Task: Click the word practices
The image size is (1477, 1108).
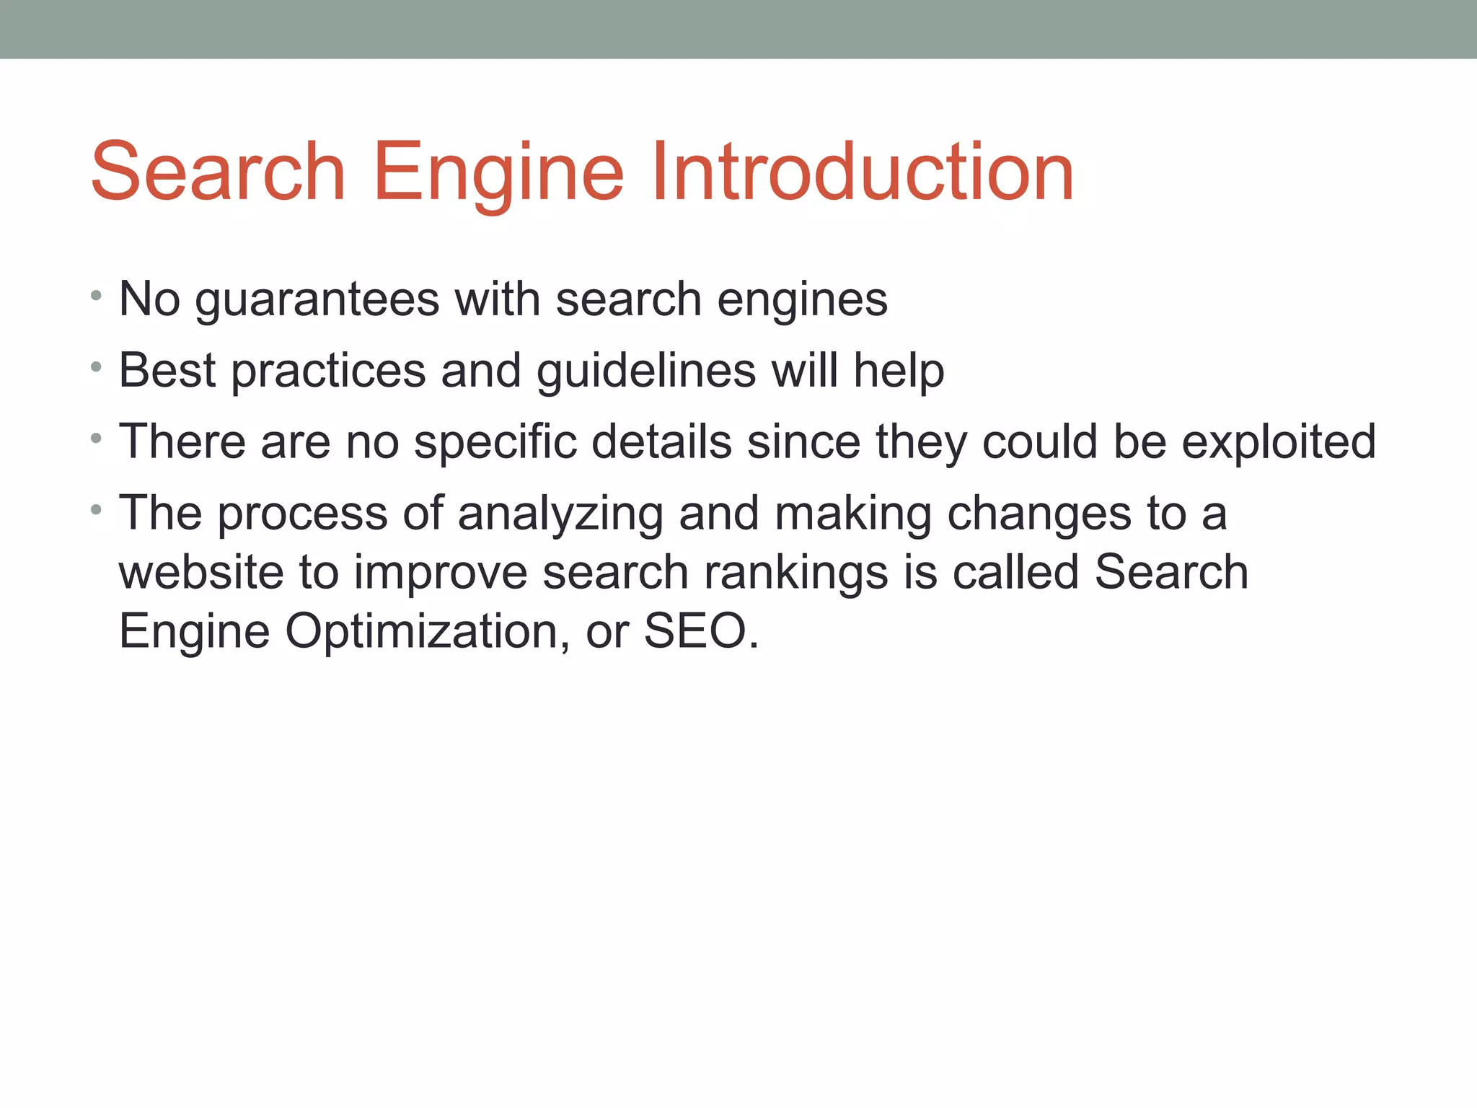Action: [328, 371]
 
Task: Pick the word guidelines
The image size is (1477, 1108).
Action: [645, 371]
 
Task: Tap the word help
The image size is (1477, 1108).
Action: [899, 371]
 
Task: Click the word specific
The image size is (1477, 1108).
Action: [495, 442]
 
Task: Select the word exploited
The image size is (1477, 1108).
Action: [1279, 442]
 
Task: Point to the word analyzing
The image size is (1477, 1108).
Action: [560, 514]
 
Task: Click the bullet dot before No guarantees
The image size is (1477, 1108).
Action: [97, 295]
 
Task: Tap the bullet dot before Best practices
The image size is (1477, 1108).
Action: [97, 366]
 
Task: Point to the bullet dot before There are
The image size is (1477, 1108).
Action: [97, 438]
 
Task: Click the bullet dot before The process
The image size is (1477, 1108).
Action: [97, 510]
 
